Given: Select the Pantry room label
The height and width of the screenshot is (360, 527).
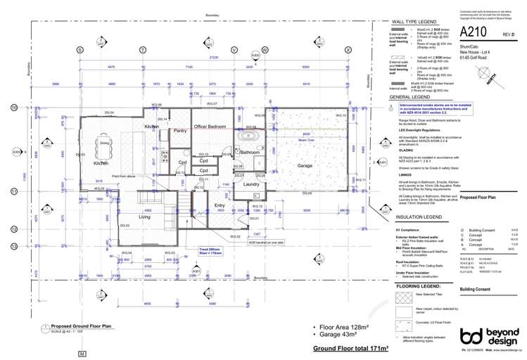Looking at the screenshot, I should click(179, 131).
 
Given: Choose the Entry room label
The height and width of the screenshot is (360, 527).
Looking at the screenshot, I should click(219, 205).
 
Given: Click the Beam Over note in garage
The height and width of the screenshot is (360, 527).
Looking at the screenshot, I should click(305, 140).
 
